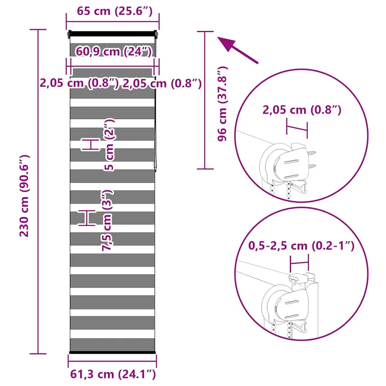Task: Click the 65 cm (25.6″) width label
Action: point(115,11)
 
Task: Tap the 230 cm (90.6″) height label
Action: point(24,196)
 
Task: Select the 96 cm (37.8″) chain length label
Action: point(222,104)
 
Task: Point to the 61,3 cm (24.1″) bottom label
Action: point(113,374)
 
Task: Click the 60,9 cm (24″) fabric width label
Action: point(114,51)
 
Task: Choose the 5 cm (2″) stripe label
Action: point(109,145)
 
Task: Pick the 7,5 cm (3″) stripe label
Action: point(107,220)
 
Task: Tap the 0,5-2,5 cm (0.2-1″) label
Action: point(302,245)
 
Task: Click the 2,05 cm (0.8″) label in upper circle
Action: point(302,109)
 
